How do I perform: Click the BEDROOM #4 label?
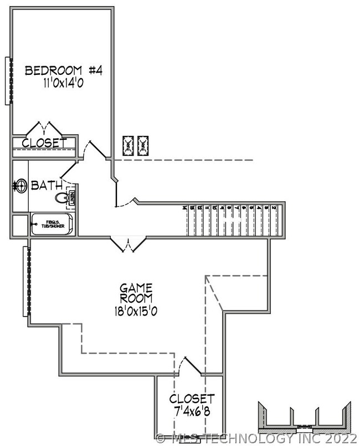pyautogui.click(x=64, y=70)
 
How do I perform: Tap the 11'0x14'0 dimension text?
pyautogui.click(x=64, y=83)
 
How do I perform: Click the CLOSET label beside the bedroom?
pyautogui.click(x=44, y=143)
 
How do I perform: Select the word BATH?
pyautogui.click(x=47, y=185)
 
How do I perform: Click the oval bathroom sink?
pyautogui.click(x=20, y=185)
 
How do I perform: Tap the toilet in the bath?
pyautogui.click(x=60, y=197)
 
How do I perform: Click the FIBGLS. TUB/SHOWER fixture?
pyautogui.click(x=52, y=225)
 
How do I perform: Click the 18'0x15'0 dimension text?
pyautogui.click(x=136, y=311)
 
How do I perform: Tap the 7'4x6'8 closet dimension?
pyautogui.click(x=191, y=411)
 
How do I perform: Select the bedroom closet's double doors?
pyautogui.click(x=44, y=127)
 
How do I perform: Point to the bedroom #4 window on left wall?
pyautogui.click(x=8, y=80)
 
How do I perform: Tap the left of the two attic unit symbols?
pyautogui.click(x=128, y=145)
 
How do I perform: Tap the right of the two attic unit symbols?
pyautogui.click(x=144, y=145)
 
